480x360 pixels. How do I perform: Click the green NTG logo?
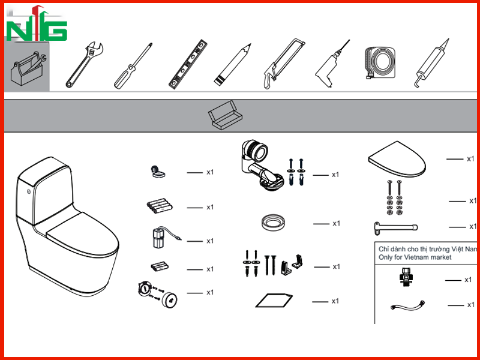(37, 24)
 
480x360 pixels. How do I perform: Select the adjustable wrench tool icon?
(85, 65)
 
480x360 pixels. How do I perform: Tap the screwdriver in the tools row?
(133, 66)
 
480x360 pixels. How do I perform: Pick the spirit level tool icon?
(188, 64)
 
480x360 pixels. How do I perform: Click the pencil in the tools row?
(232, 64)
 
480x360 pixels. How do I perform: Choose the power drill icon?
(332, 64)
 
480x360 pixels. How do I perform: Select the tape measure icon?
(380, 63)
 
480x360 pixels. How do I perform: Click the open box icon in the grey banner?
(225, 115)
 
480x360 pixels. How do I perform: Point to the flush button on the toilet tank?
(29, 191)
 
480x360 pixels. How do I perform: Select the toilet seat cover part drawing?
(397, 159)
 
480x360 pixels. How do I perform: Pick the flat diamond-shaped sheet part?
(274, 301)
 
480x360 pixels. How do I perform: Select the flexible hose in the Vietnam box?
(407, 305)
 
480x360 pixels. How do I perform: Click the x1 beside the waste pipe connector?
(335, 175)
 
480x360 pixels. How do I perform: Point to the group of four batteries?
(160, 206)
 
